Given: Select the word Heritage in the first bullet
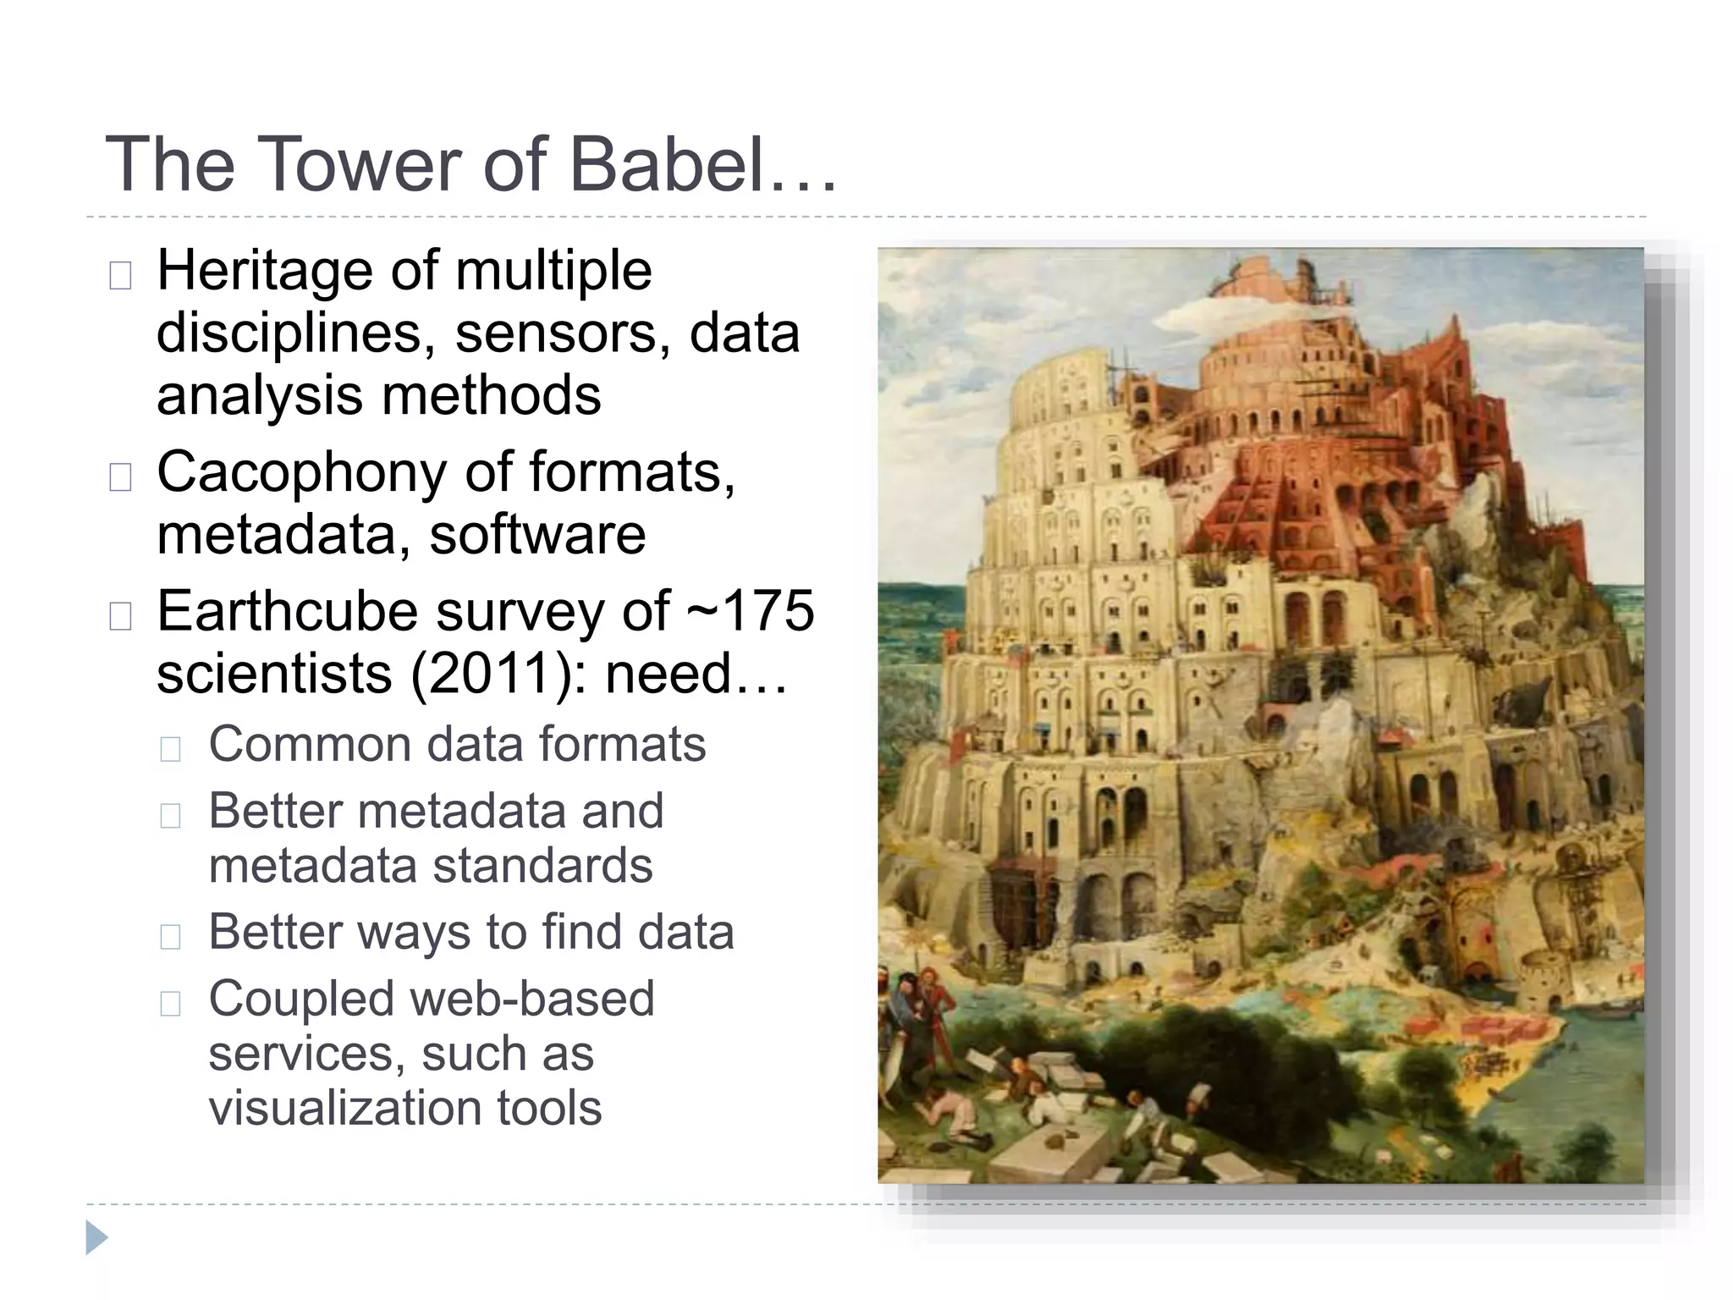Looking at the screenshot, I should click(261, 273).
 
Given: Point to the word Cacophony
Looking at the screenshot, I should click(300, 472).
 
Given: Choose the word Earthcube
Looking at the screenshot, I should click(287, 611).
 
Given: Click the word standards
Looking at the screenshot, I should click(542, 866).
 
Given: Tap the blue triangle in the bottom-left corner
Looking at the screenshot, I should click(96, 1237).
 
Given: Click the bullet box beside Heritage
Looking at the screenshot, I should click(120, 276).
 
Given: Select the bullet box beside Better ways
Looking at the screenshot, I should click(170, 936).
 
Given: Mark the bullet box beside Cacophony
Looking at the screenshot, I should click(120, 477).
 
